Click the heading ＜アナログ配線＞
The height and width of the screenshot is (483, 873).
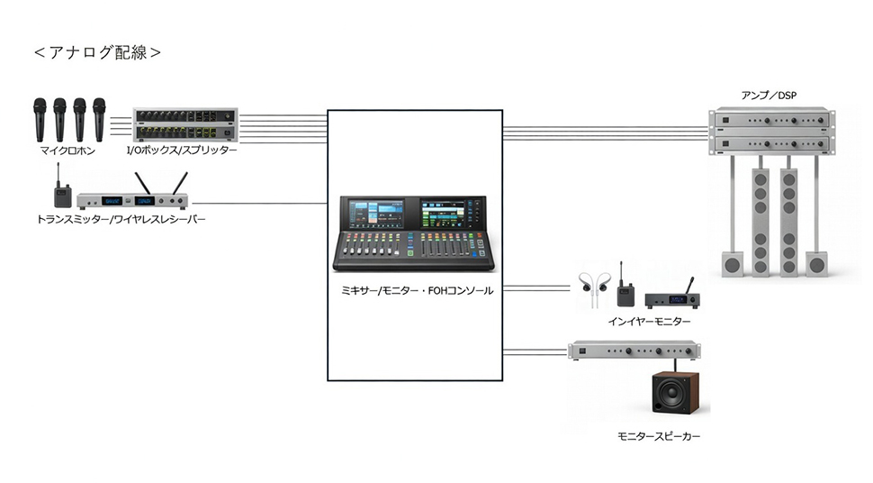(97, 52)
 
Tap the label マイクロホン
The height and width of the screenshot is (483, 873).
(67, 150)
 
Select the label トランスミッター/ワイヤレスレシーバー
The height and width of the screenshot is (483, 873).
(121, 218)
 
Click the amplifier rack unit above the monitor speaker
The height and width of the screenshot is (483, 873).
(635, 351)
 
